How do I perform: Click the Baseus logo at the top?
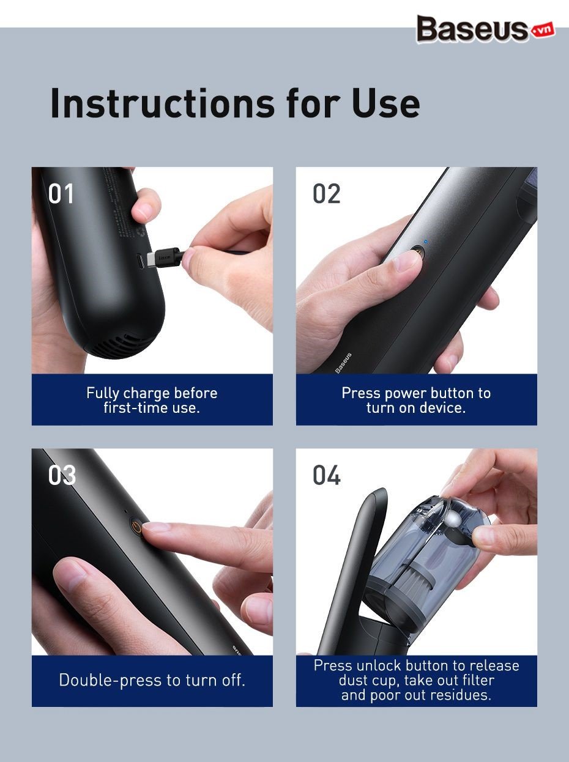(x=485, y=29)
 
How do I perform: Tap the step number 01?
(x=61, y=194)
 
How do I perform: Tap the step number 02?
(x=326, y=194)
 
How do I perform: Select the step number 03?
(x=62, y=475)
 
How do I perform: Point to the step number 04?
(x=326, y=475)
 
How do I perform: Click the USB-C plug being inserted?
(x=166, y=259)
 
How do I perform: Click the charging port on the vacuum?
(x=140, y=261)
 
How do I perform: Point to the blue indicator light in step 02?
(x=426, y=242)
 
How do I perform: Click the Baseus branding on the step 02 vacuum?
(x=343, y=363)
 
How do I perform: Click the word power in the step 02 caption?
(x=406, y=393)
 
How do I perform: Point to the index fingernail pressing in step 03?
(x=155, y=527)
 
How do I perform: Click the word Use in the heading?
(x=385, y=103)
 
